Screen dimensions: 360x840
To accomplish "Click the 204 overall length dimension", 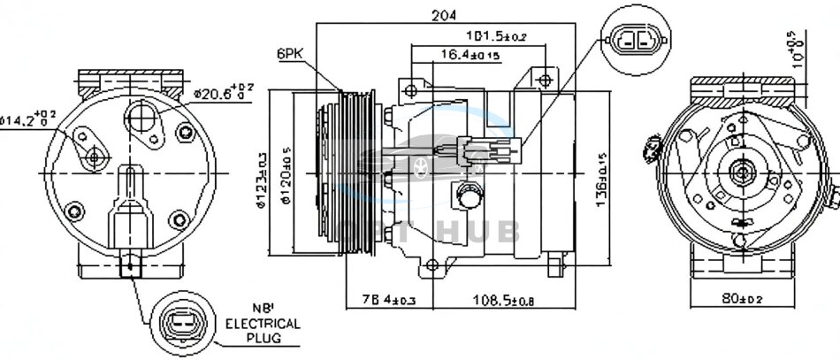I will [x=438, y=15].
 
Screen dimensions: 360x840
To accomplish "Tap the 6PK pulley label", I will [x=289, y=54].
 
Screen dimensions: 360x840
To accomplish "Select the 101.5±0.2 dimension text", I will [x=497, y=36].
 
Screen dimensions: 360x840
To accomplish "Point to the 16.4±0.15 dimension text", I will [x=470, y=55].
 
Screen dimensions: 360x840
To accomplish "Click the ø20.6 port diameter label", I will [x=223, y=90].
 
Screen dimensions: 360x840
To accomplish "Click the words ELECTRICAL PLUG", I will [x=263, y=330].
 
